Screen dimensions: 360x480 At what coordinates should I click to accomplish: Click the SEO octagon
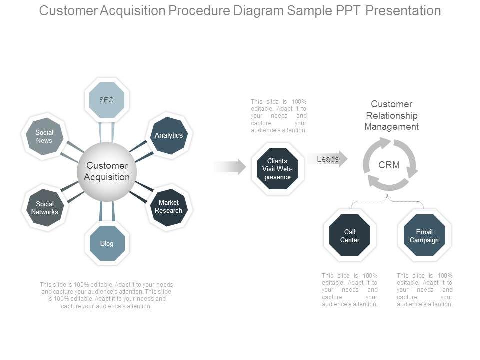tap(106, 100)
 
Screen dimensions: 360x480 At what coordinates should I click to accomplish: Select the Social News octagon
tap(44, 136)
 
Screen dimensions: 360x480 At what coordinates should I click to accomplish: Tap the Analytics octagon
tap(169, 135)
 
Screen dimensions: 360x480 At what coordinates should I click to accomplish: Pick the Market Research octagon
tap(168, 207)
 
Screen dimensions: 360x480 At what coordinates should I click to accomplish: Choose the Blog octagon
tap(107, 243)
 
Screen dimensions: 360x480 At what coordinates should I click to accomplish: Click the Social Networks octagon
tap(45, 208)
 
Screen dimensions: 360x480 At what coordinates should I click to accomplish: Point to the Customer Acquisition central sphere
tap(107, 171)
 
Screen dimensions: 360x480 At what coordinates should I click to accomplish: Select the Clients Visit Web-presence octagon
tap(277, 169)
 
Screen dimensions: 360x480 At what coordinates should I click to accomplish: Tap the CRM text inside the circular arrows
tap(389, 165)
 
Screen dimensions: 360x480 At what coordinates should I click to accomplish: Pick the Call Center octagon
tap(350, 235)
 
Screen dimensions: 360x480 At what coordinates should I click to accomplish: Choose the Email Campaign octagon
tap(424, 235)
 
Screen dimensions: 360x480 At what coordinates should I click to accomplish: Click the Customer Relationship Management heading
tap(391, 115)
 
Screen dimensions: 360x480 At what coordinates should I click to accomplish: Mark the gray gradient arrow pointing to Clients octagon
tap(230, 167)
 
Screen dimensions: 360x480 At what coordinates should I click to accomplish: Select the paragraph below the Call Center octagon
tap(350, 290)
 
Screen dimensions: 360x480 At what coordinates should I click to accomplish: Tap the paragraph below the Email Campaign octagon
tap(425, 290)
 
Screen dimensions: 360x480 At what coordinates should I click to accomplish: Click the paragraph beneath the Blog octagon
tap(106, 295)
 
